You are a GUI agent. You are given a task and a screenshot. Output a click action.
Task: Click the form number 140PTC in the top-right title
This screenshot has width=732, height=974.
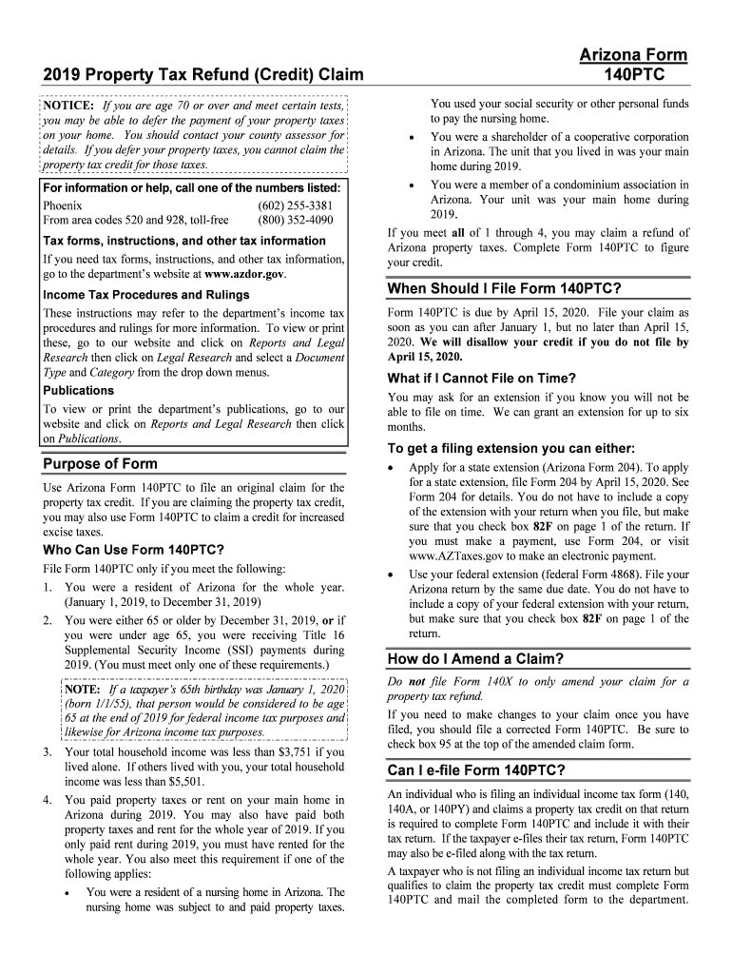[633, 74]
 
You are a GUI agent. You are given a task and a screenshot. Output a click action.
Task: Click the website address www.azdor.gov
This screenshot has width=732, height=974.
[244, 274]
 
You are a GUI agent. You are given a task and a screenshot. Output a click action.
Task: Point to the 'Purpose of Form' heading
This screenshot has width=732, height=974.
[101, 464]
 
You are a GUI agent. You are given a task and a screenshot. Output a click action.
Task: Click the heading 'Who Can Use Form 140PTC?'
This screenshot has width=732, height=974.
[134, 550]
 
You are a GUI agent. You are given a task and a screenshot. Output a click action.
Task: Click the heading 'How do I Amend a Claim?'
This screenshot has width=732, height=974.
[476, 659]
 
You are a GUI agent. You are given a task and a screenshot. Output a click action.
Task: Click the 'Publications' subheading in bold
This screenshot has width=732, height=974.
[79, 390]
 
